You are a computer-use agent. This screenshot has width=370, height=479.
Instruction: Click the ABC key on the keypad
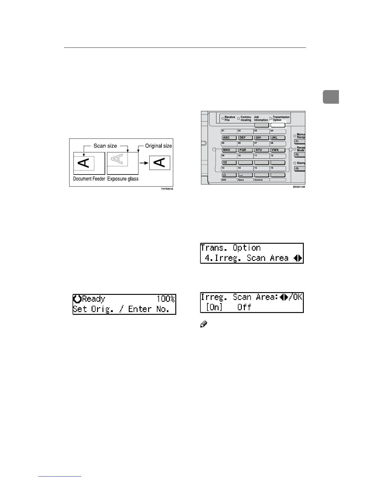coord(229,138)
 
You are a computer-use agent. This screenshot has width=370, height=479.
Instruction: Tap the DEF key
coord(245,138)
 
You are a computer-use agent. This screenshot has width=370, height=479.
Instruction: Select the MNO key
coord(229,150)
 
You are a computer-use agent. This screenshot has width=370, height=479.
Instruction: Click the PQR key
coord(245,150)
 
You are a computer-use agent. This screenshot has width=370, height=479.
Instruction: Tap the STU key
coord(261,150)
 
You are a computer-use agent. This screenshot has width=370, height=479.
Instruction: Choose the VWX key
coord(278,150)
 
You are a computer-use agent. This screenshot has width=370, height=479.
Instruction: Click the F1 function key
coord(299,142)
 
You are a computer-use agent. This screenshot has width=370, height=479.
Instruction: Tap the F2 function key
coord(299,155)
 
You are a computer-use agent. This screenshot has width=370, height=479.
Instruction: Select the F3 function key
coord(299,169)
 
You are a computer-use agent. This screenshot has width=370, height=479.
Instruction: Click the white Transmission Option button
coord(278,125)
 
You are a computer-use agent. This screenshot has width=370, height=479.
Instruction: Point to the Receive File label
coord(230,119)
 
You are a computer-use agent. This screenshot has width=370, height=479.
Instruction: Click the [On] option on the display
coord(214,307)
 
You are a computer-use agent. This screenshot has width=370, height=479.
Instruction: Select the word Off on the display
coord(244,307)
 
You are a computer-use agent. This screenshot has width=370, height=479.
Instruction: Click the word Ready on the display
coord(93,299)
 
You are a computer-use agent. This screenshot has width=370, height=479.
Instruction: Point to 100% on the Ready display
coord(165,299)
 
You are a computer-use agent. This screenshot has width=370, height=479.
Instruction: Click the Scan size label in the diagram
coord(105,146)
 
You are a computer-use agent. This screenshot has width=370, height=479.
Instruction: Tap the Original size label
coord(158,146)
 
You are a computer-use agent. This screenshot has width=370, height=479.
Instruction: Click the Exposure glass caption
coord(123,179)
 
